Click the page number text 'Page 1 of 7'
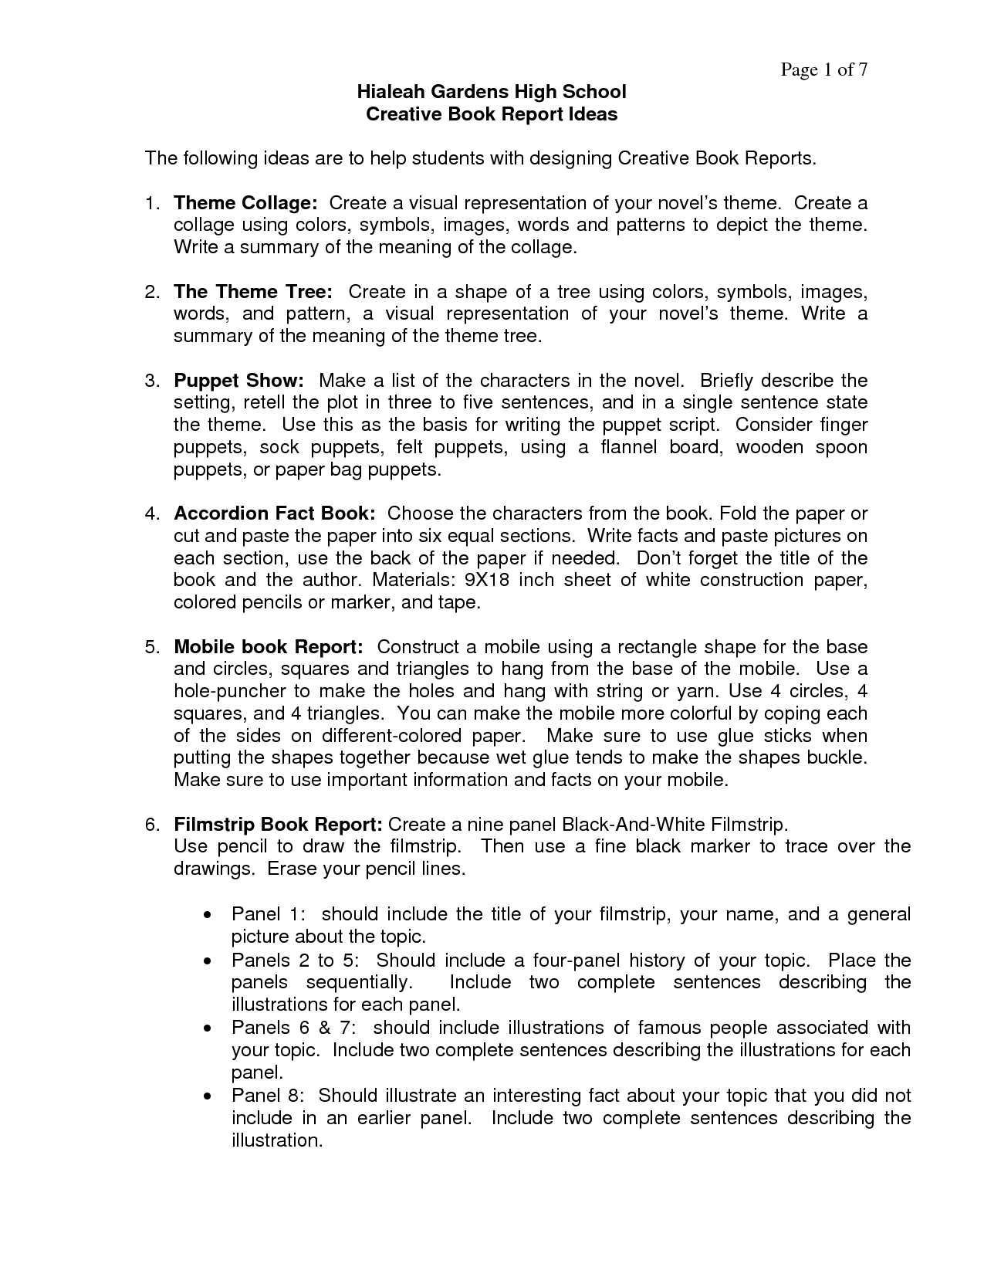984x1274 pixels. tap(824, 70)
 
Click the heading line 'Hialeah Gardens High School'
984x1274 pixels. tap(491, 92)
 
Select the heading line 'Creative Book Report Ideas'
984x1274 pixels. tap(491, 114)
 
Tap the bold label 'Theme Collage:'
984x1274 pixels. tap(245, 203)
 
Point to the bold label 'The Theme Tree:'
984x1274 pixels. tap(253, 292)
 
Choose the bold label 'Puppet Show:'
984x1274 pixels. tap(238, 381)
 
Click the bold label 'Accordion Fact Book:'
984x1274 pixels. tap(275, 513)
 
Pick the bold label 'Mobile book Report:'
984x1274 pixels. tap(269, 646)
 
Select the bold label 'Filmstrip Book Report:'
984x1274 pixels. tap(278, 824)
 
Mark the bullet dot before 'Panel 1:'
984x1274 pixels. tap(208, 916)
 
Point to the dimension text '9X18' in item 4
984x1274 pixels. tap(489, 580)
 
